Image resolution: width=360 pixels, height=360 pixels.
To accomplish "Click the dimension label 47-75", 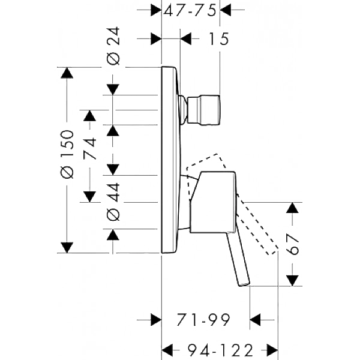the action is pos(190,11).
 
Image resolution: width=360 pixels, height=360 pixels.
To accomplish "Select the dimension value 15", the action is pos(218,39).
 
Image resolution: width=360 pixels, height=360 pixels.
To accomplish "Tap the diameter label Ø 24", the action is pos(113,46).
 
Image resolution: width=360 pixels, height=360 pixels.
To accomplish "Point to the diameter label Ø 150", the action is pos(67,154).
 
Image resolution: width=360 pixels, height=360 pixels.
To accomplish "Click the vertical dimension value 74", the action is pos(90,148).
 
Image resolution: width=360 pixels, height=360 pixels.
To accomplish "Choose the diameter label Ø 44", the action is pos(113,202).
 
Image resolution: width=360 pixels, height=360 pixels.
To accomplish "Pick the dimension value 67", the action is pos(293,244).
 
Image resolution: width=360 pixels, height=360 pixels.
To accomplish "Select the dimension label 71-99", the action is pos(203,319).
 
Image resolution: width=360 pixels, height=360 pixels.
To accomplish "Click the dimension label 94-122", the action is pos(220,350).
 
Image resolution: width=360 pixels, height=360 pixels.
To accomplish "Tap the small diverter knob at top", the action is pos(204,110).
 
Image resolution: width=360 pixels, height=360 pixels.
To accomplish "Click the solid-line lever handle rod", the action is pos(238,259).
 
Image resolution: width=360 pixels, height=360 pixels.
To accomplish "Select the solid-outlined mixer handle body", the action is pos(212,202).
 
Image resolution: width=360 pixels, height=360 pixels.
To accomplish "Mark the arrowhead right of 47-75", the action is pos(225,10).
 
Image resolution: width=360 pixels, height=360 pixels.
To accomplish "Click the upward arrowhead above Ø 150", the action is pos(67,73).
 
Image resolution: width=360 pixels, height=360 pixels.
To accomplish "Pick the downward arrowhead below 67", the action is pos(293,281).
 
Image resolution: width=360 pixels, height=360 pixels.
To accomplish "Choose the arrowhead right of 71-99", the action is pos(255,320).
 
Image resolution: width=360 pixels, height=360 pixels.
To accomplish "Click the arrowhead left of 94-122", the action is pos(167,350).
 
